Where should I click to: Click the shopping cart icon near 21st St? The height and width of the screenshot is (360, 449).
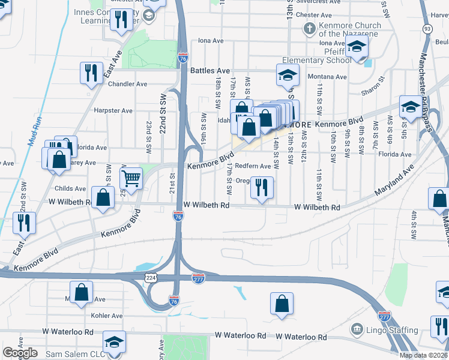pyautogui.click(x=131, y=178)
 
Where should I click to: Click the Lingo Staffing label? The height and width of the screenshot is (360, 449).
pyautogui.click(x=392, y=330)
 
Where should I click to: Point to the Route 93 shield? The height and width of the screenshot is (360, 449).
pyautogui.click(x=427, y=28)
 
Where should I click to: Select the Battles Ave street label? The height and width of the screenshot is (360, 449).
pyautogui.click(x=210, y=70)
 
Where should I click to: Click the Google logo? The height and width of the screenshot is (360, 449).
pyautogui.click(x=20, y=353)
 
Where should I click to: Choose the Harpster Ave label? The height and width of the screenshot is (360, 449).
pyautogui.click(x=113, y=110)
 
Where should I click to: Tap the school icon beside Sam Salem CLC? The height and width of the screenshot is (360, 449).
pyautogui.click(x=114, y=342)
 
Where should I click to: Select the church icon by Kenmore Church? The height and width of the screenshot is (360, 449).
pyautogui.click(x=309, y=28)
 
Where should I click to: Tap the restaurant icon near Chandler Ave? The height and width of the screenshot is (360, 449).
pyautogui.click(x=91, y=73)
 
